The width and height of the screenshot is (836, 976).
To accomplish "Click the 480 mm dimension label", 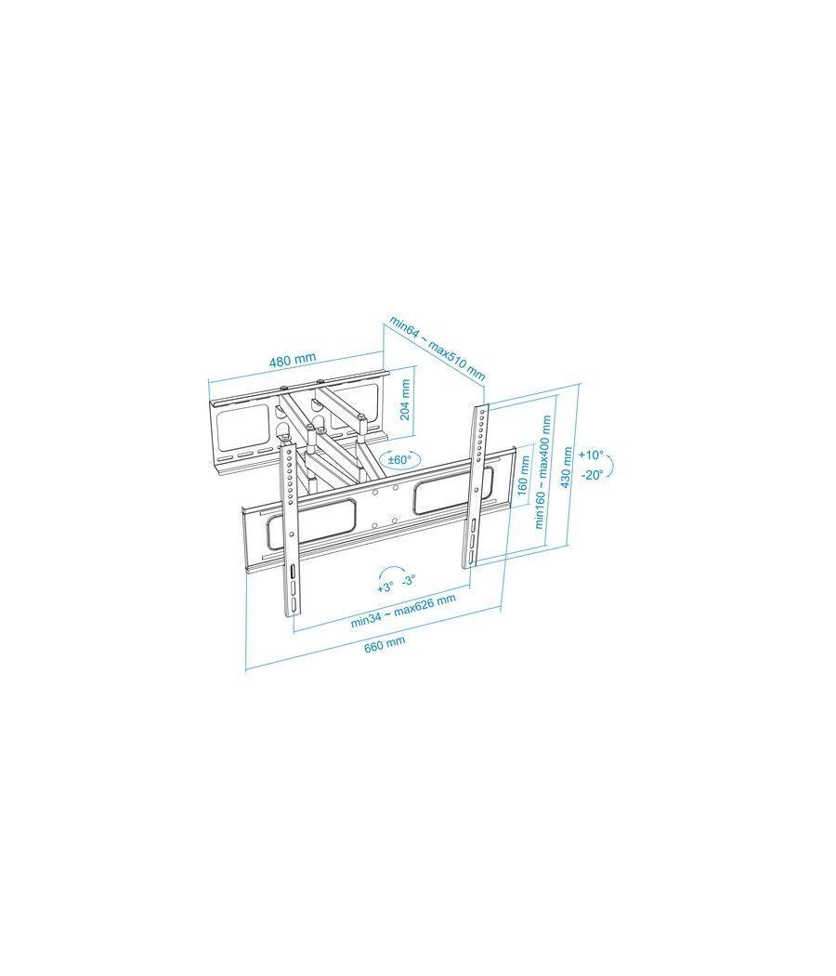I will (293, 359).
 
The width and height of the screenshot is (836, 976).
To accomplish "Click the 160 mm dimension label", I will (523, 475).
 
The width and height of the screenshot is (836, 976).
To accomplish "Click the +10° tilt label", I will (590, 455).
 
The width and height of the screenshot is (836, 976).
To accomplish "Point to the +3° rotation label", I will (385, 587).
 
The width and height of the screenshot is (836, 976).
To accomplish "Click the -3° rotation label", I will (409, 580).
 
